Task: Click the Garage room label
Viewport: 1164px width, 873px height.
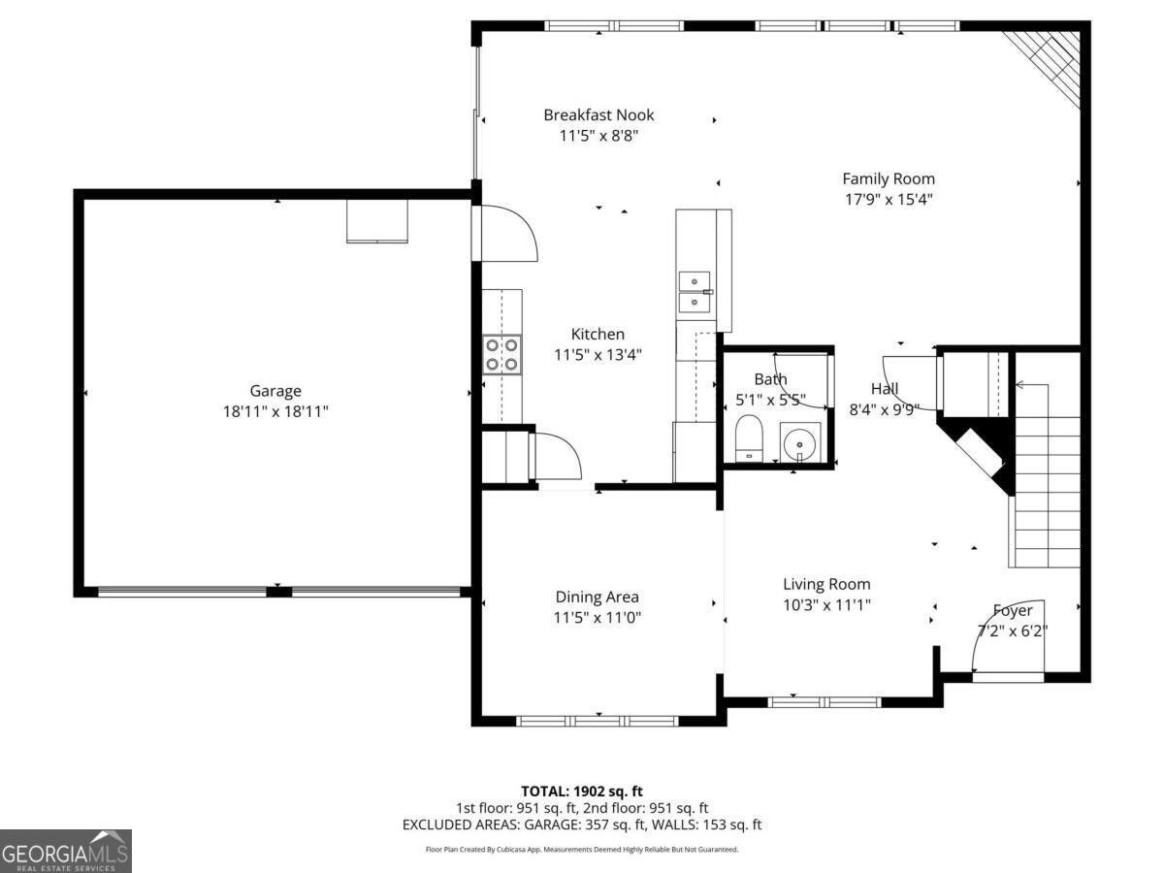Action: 275,391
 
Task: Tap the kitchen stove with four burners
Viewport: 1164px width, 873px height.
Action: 502,354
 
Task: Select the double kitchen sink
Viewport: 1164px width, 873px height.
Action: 695,292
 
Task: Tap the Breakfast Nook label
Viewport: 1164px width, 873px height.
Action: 598,115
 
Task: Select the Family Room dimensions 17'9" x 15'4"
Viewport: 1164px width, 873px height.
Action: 889,200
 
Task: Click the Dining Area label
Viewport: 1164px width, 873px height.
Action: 598,597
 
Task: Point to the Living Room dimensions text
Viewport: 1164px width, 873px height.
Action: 826,605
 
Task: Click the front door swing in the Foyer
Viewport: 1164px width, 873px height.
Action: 1009,635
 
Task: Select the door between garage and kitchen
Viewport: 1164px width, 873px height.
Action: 504,233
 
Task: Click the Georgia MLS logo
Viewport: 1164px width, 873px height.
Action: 65,851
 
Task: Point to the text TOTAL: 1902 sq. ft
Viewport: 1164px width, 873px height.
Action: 582,792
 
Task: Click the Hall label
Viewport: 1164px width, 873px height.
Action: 885,389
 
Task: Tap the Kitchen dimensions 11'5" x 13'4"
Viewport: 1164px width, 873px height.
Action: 598,355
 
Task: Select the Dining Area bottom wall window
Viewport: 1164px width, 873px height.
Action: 598,721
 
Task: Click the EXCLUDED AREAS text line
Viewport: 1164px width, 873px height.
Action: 582,824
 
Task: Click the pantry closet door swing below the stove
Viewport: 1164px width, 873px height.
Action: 555,456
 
